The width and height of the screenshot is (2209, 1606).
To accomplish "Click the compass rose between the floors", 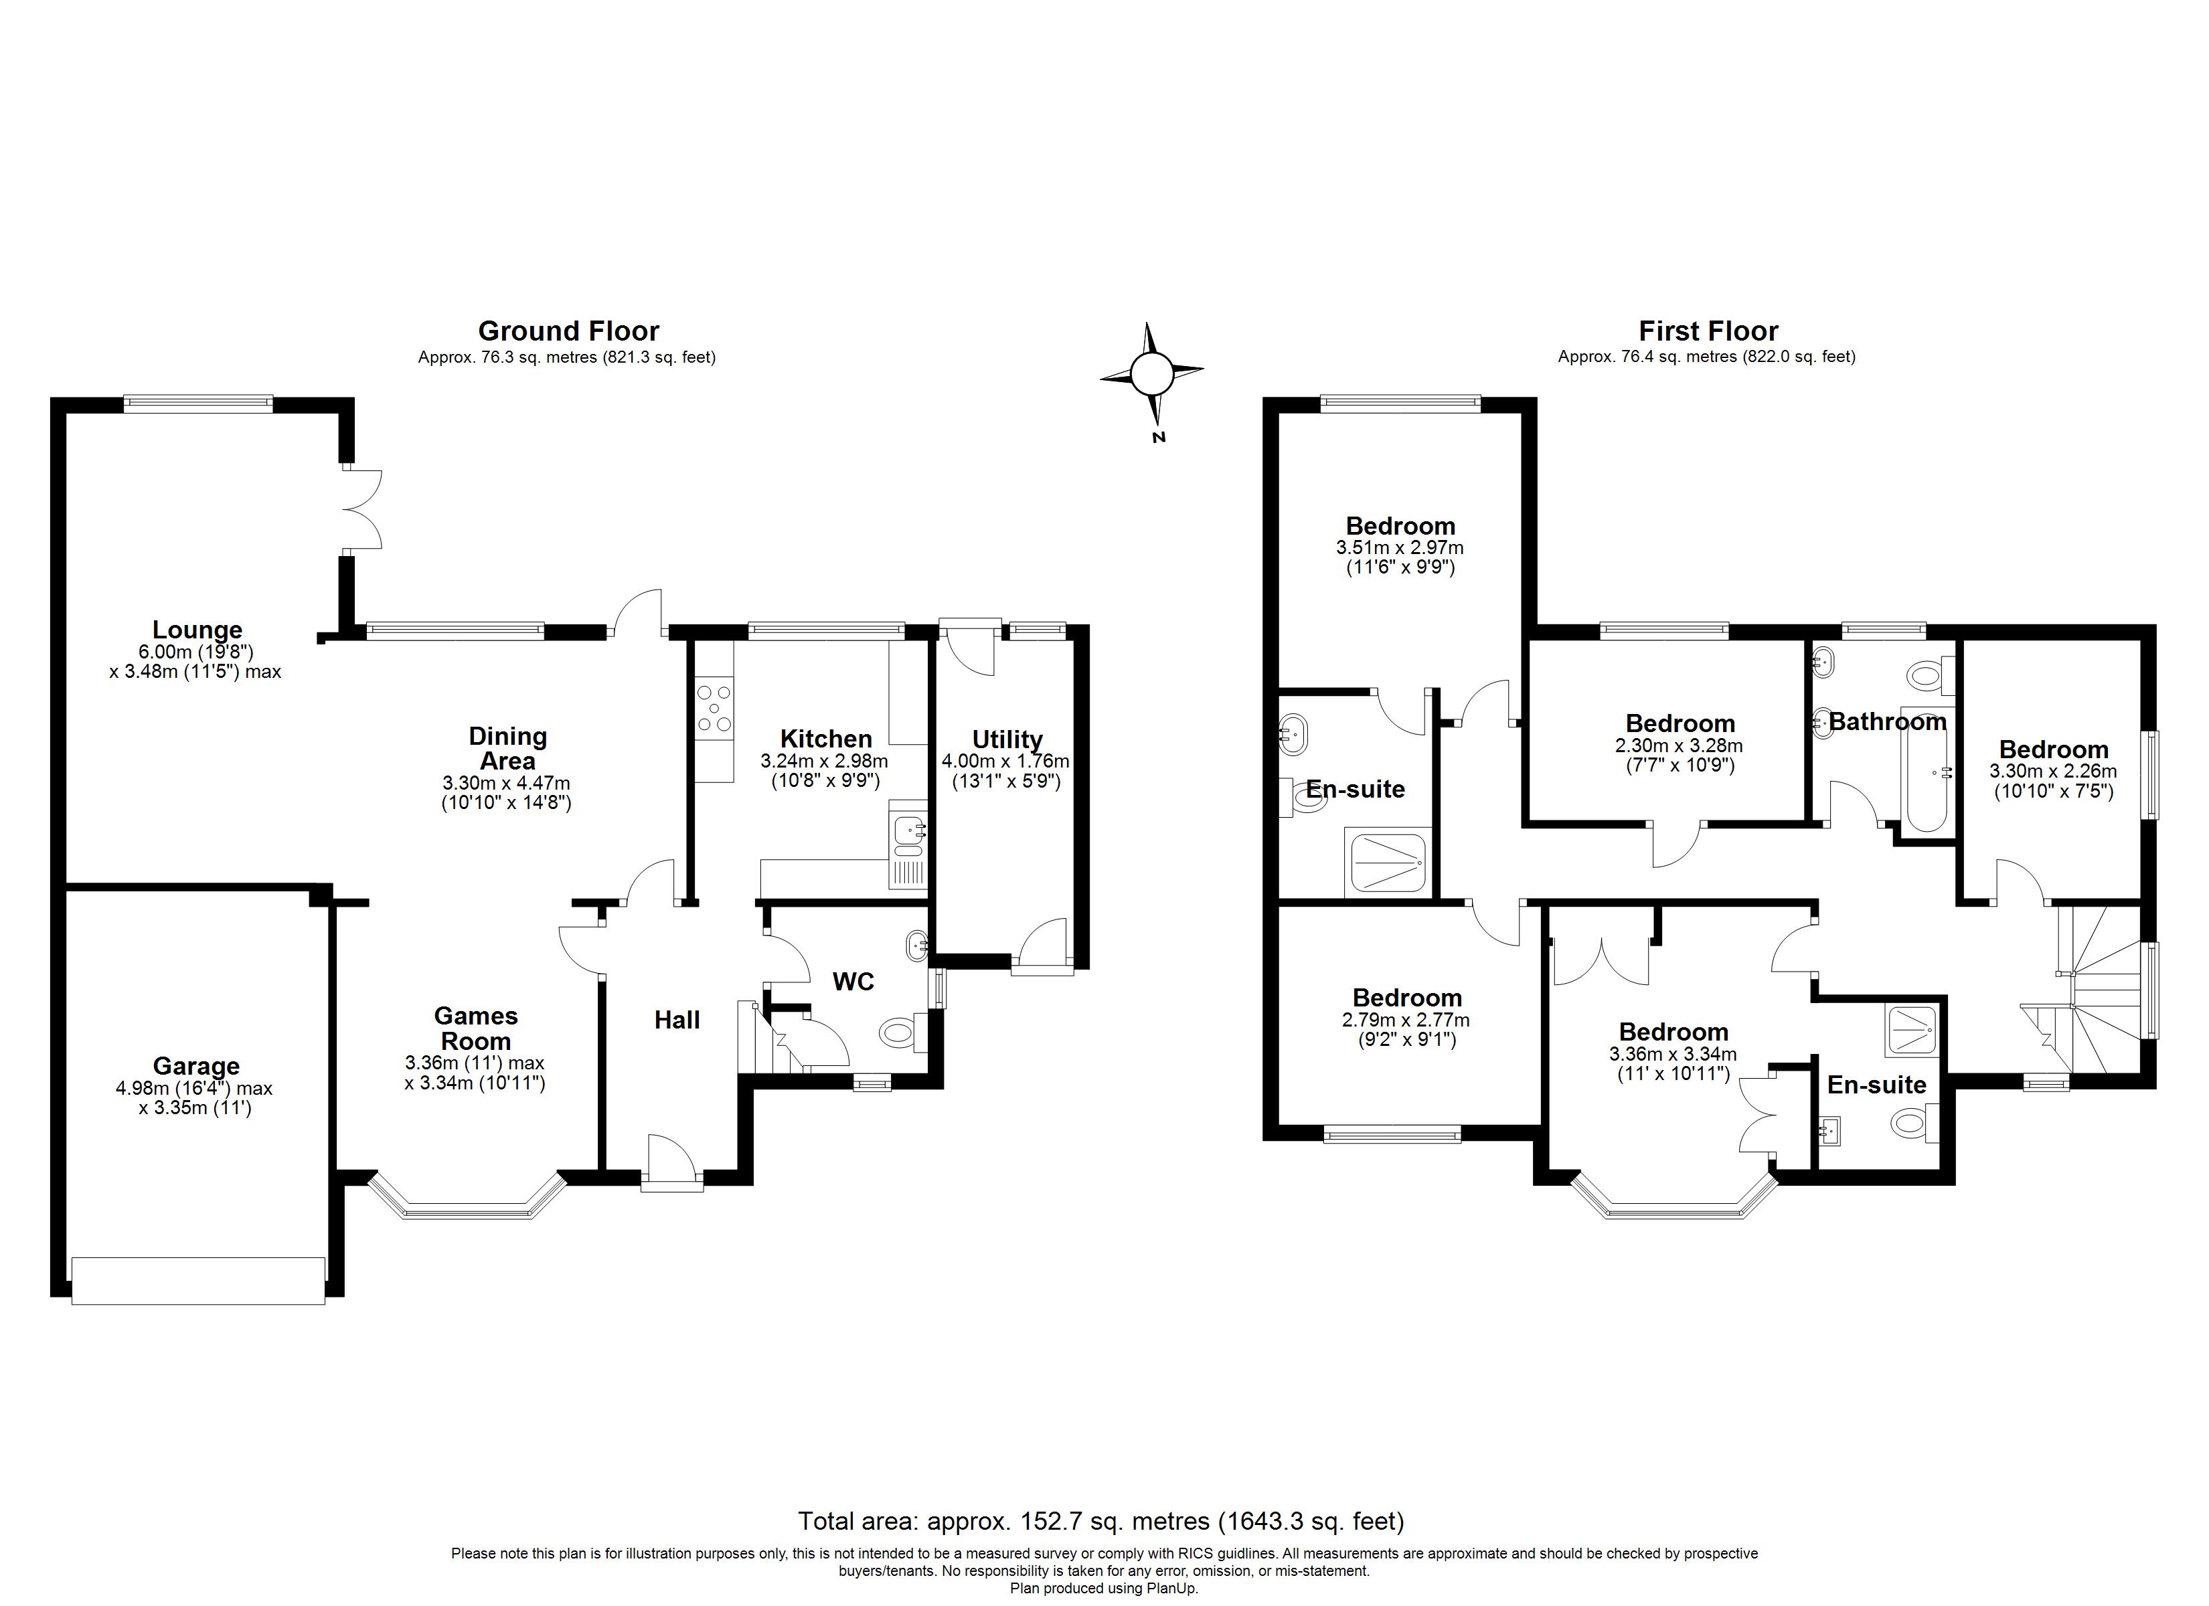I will click(1151, 372).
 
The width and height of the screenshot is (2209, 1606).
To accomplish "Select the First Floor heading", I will click(1708, 331).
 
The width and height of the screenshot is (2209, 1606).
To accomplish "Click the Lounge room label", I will click(197, 630).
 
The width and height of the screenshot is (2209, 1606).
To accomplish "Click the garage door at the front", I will click(197, 1281).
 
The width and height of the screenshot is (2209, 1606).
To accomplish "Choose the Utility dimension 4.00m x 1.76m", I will click(1005, 761).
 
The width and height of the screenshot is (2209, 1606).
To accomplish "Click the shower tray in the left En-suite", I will click(1388, 862).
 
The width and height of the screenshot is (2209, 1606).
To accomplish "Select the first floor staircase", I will click(2094, 994).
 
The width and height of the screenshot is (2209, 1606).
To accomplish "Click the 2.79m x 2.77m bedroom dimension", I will click(1406, 1020).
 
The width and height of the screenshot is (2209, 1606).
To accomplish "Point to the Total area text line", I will click(1100, 1521).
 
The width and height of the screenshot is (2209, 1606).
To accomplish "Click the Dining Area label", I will click(507, 748).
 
